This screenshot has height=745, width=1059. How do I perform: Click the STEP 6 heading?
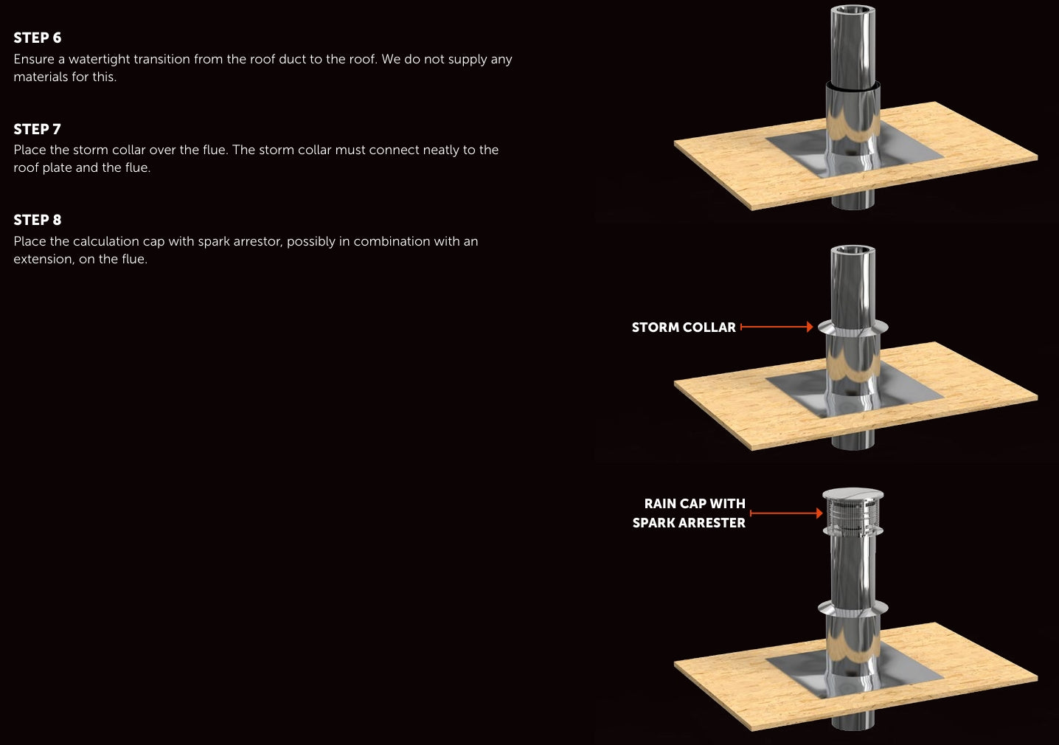[x=38, y=38]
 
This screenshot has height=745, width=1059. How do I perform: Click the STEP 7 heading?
[x=38, y=129]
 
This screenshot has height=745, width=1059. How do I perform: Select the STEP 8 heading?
[x=38, y=220]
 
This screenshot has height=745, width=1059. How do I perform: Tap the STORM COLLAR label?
[x=684, y=328]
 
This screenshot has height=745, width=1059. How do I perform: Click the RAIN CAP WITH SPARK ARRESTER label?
[x=689, y=513]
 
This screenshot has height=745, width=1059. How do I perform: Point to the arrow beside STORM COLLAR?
[x=777, y=327]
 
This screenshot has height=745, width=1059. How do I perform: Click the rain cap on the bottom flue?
[x=853, y=513]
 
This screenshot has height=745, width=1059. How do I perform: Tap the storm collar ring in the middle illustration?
[x=853, y=328]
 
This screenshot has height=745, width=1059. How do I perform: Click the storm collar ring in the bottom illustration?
[x=853, y=609]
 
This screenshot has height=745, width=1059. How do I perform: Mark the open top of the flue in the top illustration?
[x=853, y=10]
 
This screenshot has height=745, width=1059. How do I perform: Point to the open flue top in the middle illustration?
[x=853, y=251]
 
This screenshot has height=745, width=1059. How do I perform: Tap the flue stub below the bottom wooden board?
[x=853, y=721]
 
